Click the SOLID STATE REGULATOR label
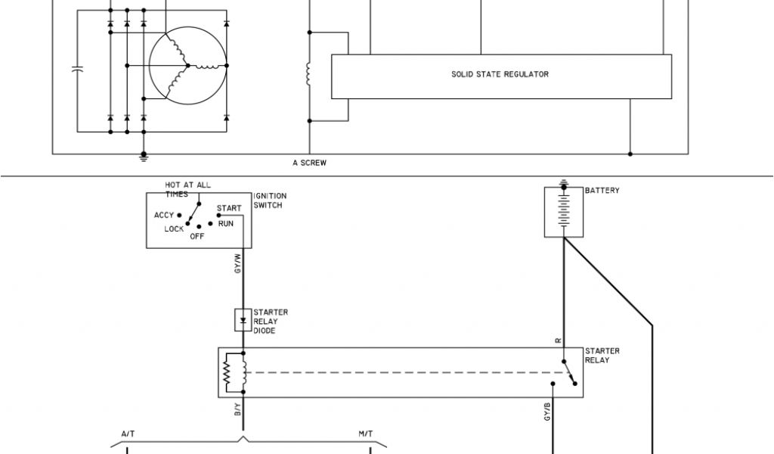click(500, 75)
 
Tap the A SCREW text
click(310, 163)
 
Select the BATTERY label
click(602, 191)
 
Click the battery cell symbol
click(563, 213)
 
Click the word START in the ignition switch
click(229, 208)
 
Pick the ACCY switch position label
click(164, 215)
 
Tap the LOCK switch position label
click(174, 229)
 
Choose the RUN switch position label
click(226, 224)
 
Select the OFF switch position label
click(197, 236)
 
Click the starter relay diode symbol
click(243, 319)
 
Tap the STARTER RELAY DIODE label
click(270, 321)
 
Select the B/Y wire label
click(237, 409)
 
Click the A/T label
click(128, 434)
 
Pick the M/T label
click(365, 434)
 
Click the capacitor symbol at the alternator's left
click(77, 70)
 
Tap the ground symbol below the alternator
click(144, 158)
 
